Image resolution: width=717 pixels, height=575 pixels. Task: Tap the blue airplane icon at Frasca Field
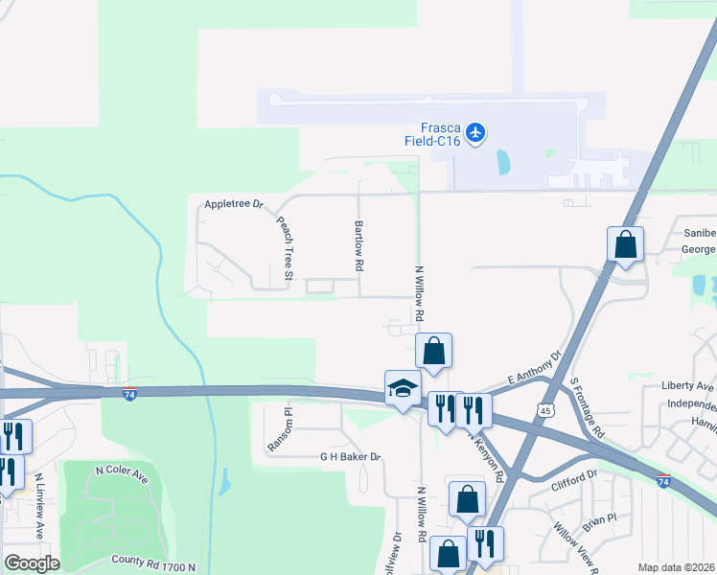476,129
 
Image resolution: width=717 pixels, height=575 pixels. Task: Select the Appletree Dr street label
232,205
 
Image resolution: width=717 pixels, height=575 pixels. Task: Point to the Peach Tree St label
285,241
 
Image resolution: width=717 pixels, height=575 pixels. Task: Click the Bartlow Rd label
359,243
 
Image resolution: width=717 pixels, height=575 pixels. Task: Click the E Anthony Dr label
532,369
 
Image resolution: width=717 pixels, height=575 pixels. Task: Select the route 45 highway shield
545,408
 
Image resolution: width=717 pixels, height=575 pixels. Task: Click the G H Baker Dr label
351,458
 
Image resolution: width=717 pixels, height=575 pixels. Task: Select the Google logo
33,563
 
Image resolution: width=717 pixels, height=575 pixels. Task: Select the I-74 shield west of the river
130,393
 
